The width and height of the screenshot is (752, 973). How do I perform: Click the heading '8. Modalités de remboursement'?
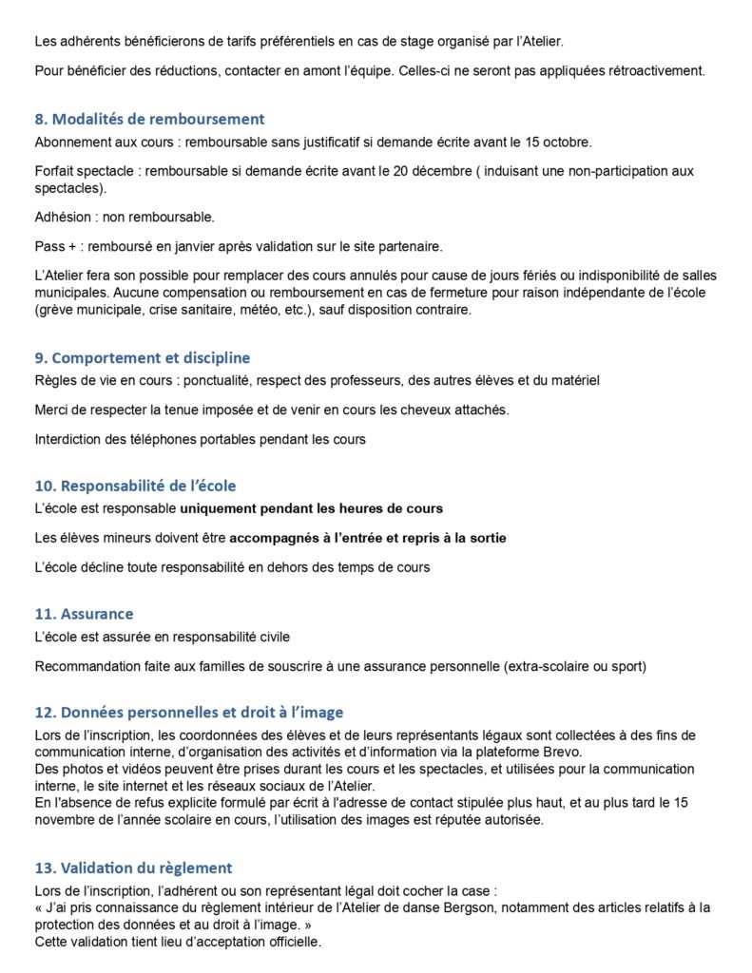click(x=148, y=120)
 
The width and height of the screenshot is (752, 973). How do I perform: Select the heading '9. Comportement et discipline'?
click(x=142, y=358)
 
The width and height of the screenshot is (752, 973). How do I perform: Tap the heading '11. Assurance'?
click(x=84, y=614)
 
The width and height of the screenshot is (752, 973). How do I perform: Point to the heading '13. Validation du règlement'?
click(x=133, y=868)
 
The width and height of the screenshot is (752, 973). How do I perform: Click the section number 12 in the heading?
click(x=44, y=713)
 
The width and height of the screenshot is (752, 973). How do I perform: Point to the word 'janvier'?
click(x=171, y=247)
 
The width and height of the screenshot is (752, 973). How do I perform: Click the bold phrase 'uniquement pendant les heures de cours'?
click(x=312, y=508)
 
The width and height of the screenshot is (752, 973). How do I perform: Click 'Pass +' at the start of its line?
click(x=54, y=247)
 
